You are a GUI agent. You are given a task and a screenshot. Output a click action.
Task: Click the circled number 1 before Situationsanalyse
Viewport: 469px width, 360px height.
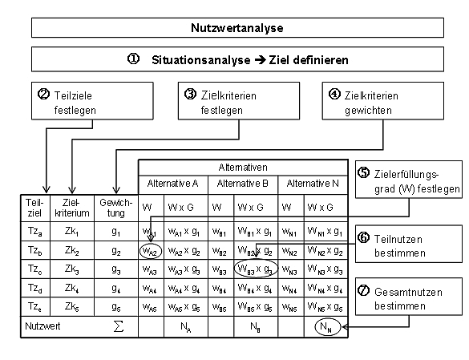tap(133, 59)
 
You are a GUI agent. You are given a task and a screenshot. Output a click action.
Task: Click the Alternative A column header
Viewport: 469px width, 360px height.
tap(172, 184)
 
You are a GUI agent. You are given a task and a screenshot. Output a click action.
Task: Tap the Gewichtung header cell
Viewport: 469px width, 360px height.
tap(116, 208)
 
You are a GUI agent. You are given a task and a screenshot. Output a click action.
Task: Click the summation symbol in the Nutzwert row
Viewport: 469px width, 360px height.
tap(116, 327)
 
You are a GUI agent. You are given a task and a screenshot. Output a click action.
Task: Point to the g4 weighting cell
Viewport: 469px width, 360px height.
tap(116, 287)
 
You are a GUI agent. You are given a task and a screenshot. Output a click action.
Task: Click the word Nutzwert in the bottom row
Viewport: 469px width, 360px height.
tap(43, 327)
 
